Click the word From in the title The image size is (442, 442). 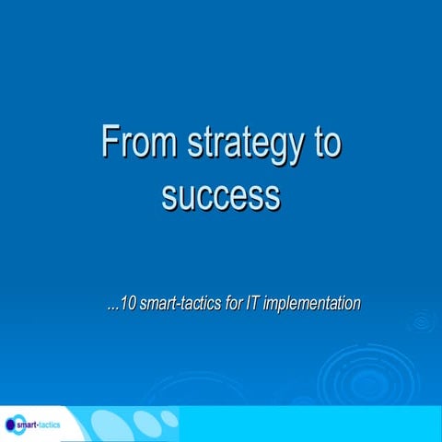click(x=137, y=145)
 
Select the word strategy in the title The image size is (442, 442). click(x=241, y=147)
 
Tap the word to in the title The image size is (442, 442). click(x=323, y=145)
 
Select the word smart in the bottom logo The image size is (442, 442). click(x=29, y=425)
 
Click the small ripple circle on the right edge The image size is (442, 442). click(x=423, y=321)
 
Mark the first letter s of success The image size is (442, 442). click(x=169, y=195)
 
